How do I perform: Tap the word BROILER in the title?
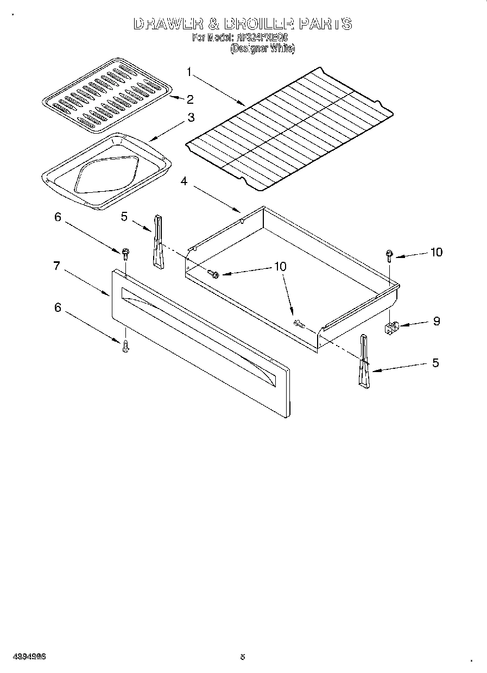coord(255,24)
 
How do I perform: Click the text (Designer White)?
coord(262,48)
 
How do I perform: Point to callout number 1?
coord(189,71)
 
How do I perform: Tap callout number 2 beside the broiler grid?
coord(189,99)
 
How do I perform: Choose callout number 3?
coord(191,117)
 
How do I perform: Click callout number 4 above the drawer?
coord(184,181)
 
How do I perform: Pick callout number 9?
coord(436,321)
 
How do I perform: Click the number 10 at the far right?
coord(436,252)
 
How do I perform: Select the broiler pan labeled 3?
coord(106,169)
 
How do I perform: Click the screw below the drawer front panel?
coord(125,345)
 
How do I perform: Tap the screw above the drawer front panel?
coord(125,253)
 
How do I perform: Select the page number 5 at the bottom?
coord(243,656)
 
